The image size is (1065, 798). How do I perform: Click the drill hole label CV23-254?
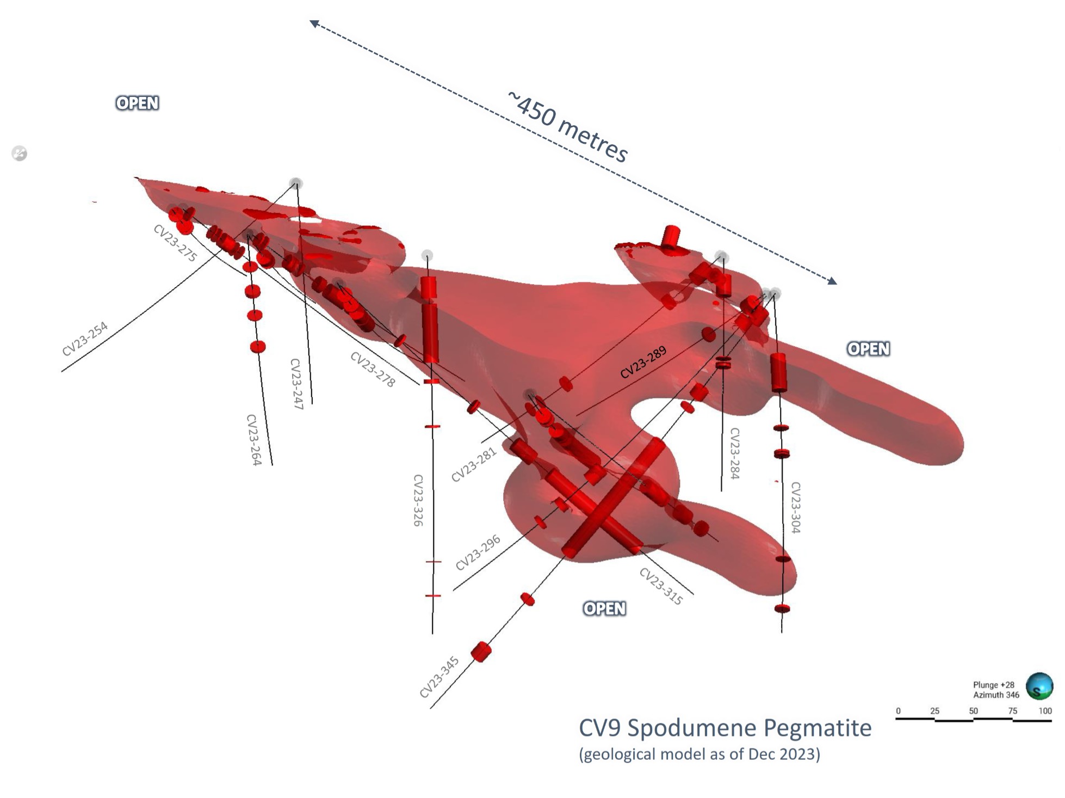[x=85, y=339]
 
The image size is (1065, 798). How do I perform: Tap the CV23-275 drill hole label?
[x=175, y=243]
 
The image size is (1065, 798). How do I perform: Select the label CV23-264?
[x=254, y=440]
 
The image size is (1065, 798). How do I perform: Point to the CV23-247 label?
[x=296, y=384]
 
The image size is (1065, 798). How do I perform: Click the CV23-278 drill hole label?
[x=373, y=369]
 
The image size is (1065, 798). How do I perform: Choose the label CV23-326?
[x=418, y=500]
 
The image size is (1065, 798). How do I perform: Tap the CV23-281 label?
[x=474, y=464]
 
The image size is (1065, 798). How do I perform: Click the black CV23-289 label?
[x=643, y=363]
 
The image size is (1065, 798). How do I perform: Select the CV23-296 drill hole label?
[x=478, y=553]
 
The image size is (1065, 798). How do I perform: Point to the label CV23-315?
[x=661, y=586]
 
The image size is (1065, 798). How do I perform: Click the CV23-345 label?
[x=439, y=677]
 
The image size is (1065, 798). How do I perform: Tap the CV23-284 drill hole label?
[x=734, y=453]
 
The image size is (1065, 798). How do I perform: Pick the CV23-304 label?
[x=795, y=507]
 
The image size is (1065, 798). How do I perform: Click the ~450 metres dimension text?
[x=568, y=126]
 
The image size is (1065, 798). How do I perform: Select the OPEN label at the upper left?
[x=137, y=103]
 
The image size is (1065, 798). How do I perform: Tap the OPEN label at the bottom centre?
[x=604, y=609]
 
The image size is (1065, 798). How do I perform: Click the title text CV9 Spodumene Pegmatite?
[x=725, y=728]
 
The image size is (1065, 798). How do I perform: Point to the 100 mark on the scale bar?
[x=1045, y=711]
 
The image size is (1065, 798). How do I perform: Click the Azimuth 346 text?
[x=996, y=695]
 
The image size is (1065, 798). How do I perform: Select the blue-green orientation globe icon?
[x=1039, y=686]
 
